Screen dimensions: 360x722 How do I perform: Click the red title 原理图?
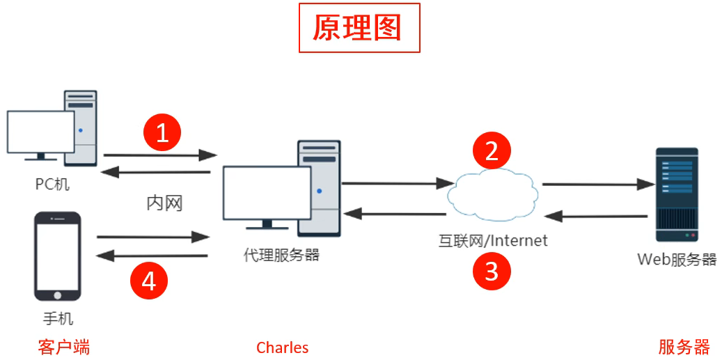(x=359, y=28)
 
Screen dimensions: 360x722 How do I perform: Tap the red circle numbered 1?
(x=162, y=132)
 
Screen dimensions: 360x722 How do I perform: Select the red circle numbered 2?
(x=492, y=150)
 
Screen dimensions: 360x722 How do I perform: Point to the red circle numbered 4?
(x=150, y=281)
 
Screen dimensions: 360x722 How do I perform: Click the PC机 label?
(x=53, y=185)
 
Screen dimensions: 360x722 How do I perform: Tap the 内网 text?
(x=164, y=203)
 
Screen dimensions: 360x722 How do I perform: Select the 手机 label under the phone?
(x=58, y=319)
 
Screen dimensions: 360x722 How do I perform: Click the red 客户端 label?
(x=64, y=347)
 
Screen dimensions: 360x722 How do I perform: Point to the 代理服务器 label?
(x=281, y=255)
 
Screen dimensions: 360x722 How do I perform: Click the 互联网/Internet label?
(x=492, y=241)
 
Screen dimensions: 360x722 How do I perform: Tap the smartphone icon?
(x=58, y=256)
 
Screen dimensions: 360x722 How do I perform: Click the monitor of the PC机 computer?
(x=40, y=132)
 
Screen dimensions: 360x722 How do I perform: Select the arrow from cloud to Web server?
(x=597, y=185)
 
